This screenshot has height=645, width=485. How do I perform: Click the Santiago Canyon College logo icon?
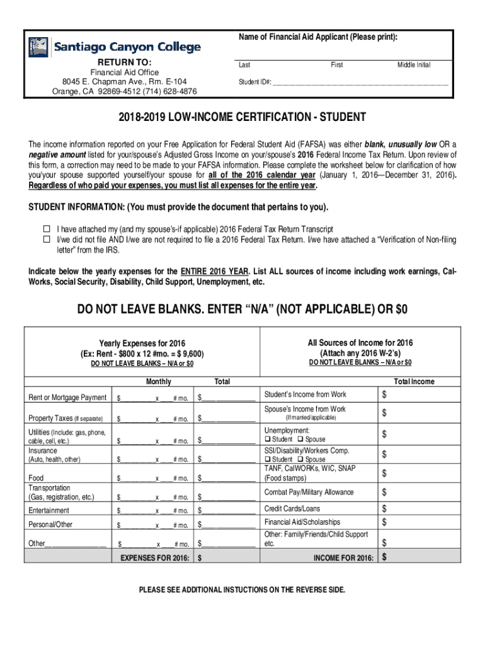(x=38, y=47)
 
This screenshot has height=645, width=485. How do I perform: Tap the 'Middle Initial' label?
(x=413, y=66)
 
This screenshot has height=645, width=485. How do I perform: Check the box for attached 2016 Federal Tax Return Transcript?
(x=46, y=229)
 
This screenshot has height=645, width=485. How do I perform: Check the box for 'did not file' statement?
(x=46, y=240)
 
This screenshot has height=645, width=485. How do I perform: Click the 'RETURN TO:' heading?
(x=124, y=62)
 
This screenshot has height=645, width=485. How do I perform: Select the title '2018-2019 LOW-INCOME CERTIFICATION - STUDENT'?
(x=242, y=118)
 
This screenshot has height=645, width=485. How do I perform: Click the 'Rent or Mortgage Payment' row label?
(x=67, y=398)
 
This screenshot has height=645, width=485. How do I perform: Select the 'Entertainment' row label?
(x=49, y=510)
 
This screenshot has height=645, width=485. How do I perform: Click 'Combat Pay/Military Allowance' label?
(x=309, y=492)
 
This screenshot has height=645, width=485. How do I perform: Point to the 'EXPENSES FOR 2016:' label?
(x=154, y=558)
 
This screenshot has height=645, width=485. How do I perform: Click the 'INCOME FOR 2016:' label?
(x=343, y=558)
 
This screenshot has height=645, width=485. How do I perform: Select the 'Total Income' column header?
(x=414, y=382)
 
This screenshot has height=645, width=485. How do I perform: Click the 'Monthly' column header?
(x=158, y=382)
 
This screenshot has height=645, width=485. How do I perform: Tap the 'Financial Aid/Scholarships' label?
(x=302, y=522)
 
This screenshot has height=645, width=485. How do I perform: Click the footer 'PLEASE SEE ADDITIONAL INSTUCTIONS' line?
(x=242, y=590)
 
